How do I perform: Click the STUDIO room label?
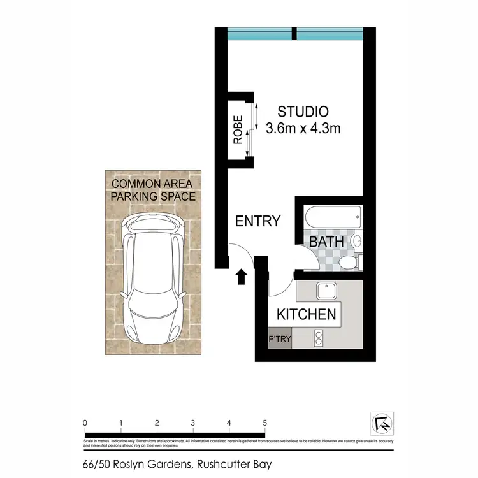303,111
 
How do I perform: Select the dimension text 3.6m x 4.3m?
303,128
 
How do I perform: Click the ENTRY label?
257,221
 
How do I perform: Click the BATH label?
326,242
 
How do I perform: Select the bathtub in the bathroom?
333,217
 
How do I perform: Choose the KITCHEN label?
305,314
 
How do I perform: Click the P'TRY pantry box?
280,339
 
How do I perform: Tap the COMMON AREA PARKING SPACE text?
153,190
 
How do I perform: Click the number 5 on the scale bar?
264,423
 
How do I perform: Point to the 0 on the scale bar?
85,423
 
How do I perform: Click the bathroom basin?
356,242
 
